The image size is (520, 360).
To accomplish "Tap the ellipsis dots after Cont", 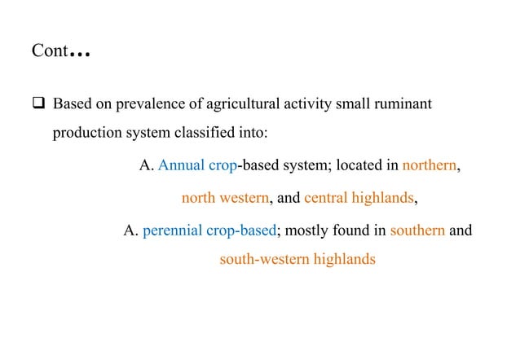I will tap(80, 55).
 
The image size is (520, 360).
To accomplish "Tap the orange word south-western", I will tap(264, 261).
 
